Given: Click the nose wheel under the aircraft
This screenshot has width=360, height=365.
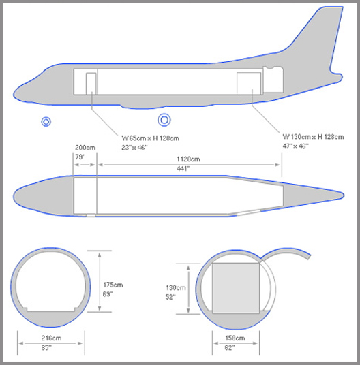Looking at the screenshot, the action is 46,121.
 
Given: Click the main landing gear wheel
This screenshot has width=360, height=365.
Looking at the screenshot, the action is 164,120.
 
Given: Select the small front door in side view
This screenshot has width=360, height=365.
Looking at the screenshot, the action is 91,84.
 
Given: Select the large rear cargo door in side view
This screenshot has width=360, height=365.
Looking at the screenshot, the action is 249,83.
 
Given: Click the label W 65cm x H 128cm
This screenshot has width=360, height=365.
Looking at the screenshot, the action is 150,138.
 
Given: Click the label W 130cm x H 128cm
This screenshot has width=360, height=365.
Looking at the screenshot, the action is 313,137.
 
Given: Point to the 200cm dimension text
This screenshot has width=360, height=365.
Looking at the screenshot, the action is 85,148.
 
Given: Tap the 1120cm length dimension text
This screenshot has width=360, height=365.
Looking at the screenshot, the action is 188,159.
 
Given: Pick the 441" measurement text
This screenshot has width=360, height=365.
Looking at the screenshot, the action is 183,168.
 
